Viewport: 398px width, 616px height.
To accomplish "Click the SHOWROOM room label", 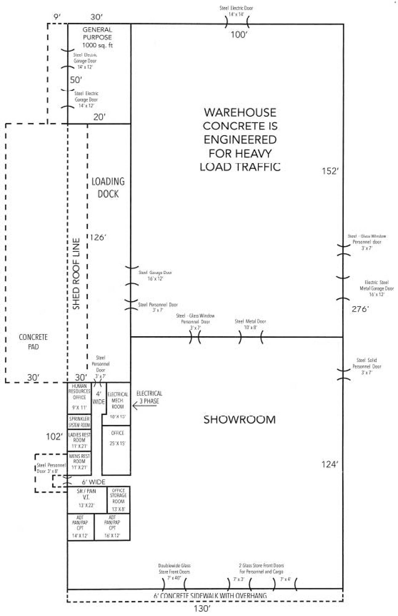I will click(239, 419).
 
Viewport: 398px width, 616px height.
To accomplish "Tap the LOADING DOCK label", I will click(108, 188).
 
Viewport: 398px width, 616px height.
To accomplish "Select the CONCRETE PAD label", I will click(33, 342).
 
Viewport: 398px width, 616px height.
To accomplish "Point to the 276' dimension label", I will click(360, 309).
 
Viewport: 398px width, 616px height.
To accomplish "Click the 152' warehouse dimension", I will click(330, 171).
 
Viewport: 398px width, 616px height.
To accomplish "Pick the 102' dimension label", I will click(54, 436).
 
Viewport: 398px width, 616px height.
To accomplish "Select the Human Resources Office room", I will click(79, 397).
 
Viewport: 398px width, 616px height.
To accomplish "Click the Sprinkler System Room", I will click(79, 422).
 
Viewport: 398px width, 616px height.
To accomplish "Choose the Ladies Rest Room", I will click(79, 440).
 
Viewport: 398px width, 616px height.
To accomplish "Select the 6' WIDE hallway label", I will click(93, 482).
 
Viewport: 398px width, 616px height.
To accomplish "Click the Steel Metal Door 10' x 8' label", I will click(250, 324).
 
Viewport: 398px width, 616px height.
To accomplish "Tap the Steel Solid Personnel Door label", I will click(367, 366).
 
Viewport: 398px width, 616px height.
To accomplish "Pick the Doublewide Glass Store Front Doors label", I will click(174, 572).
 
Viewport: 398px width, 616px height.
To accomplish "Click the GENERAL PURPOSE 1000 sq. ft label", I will click(97, 37).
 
